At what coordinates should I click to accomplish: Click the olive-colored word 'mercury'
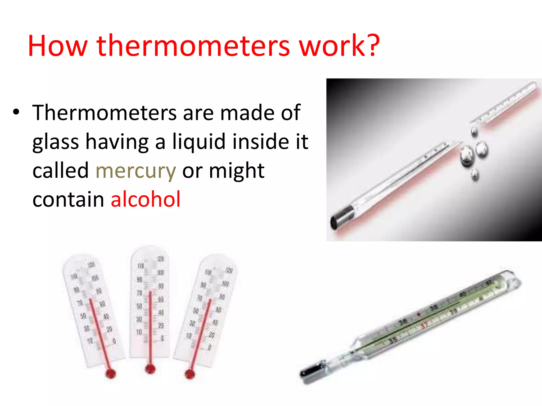(135, 171)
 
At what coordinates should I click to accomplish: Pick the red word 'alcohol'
(146, 199)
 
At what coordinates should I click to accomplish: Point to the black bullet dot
(16, 112)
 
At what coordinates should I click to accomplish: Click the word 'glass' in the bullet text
(56, 142)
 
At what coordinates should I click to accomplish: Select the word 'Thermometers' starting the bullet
(104, 113)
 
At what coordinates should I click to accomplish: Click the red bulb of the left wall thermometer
(110, 373)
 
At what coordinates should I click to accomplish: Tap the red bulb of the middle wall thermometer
(150, 368)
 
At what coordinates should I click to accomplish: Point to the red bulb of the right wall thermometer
(190, 374)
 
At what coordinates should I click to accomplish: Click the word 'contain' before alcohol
(68, 199)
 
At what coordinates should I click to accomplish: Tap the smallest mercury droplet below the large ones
(475, 175)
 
